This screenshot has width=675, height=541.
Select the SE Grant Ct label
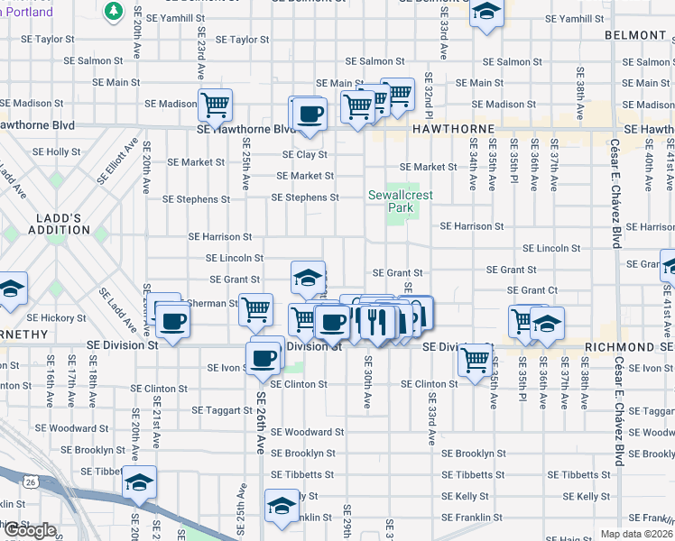point(532,290)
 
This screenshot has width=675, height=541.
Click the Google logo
point(30,530)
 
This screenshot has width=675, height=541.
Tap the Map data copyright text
point(637,534)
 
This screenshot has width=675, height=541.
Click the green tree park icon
point(113,11)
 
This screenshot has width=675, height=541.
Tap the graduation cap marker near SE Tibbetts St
point(140,482)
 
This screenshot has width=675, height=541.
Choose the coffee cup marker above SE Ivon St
point(264,356)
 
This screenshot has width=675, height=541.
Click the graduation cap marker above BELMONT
point(486,12)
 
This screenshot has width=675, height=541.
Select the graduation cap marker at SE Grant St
point(308,277)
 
